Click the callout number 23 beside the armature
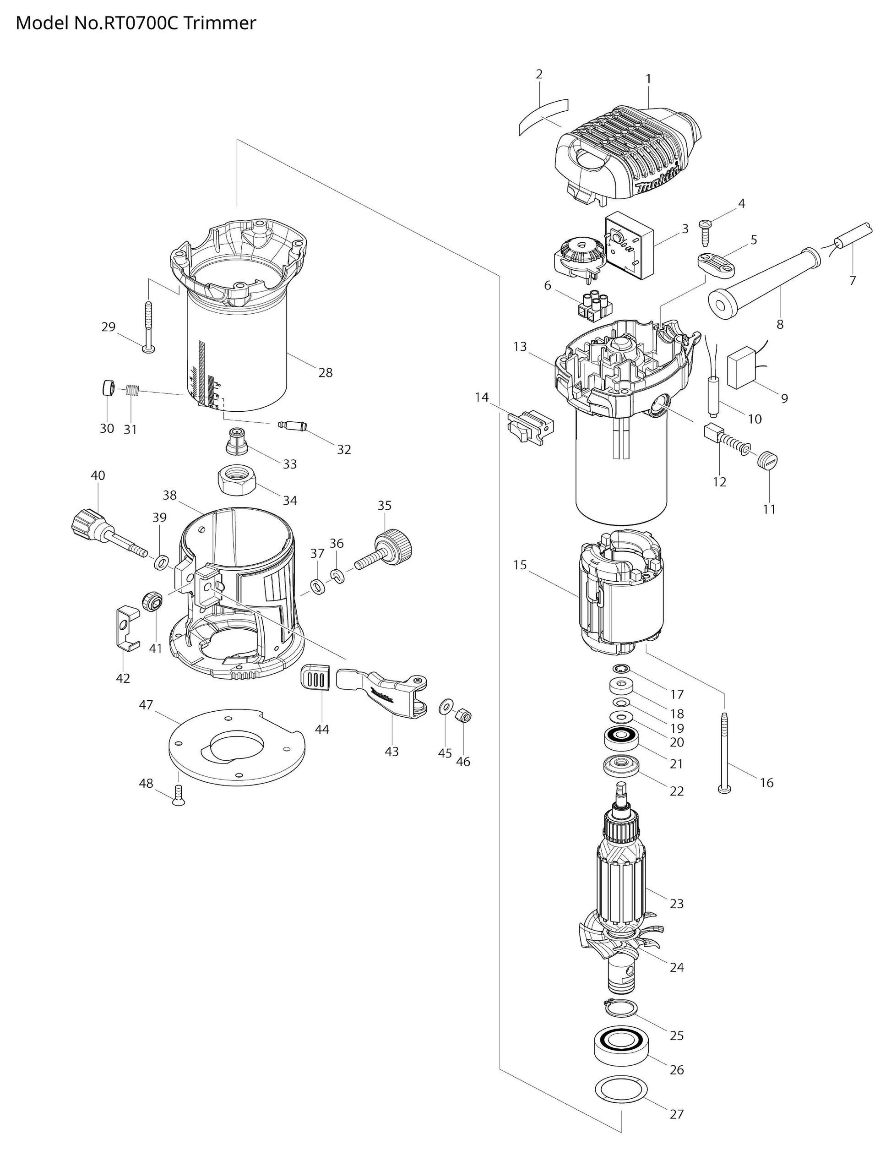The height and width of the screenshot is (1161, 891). click(676, 903)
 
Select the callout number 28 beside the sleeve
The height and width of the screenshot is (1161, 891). click(325, 373)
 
